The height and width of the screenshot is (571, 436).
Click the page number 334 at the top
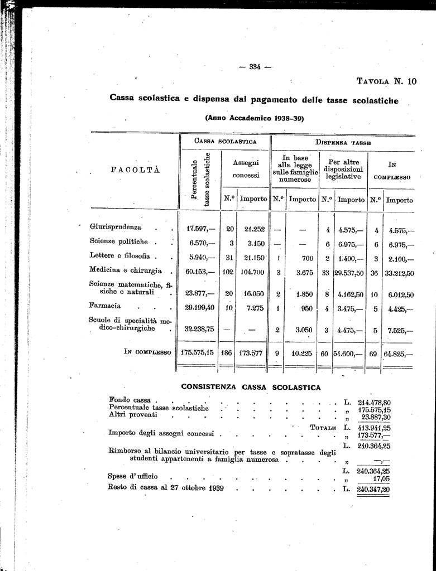(255, 67)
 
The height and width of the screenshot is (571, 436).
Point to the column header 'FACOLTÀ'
(136, 170)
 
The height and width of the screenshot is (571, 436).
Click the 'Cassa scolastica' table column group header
(225, 142)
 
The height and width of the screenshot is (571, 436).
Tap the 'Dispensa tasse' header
(342, 142)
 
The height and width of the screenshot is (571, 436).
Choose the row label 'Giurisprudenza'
(116, 228)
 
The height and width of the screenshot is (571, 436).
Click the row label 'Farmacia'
(105, 306)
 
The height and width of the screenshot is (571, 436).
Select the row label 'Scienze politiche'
(119, 241)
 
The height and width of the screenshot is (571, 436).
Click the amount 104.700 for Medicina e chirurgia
(253, 272)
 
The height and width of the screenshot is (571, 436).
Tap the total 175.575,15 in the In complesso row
(198, 352)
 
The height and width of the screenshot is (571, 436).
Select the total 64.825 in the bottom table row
(399, 354)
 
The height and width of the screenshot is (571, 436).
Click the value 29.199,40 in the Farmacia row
(199, 308)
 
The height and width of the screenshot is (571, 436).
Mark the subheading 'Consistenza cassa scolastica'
(251, 387)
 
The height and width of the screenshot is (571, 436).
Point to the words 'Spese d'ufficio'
(133, 477)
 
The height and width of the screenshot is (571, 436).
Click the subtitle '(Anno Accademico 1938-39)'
(254, 118)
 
